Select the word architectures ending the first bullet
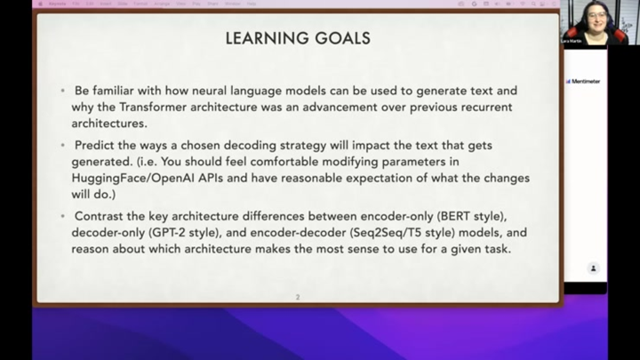pyautogui.click(x=109, y=124)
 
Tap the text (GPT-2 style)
pyautogui.click(x=172, y=233)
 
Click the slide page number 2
pyautogui.click(x=298, y=297)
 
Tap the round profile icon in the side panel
pyautogui.click(x=593, y=268)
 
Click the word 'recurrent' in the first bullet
pyautogui.click(x=486, y=108)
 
